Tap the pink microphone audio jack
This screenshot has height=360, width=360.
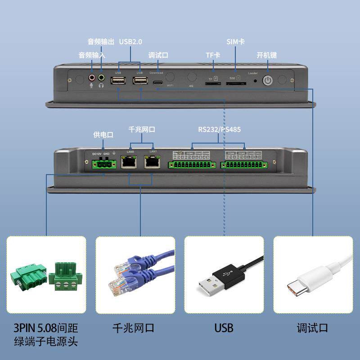click(92, 77)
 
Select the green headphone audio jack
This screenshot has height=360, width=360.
click(101, 77)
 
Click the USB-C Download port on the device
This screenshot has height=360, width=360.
click(158, 83)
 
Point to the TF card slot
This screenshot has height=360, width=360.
click(210, 84)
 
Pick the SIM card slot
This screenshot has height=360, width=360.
click(234, 84)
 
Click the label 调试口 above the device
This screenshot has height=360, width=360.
click(158, 55)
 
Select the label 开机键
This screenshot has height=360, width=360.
click(267, 55)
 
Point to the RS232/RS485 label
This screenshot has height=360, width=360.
click(220, 130)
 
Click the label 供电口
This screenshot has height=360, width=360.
click(103, 135)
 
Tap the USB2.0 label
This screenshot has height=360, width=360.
click(130, 42)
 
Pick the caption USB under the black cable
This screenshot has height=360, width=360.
click(224, 328)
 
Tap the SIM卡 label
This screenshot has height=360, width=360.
click(235, 42)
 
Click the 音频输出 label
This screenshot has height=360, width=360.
click(101, 42)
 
